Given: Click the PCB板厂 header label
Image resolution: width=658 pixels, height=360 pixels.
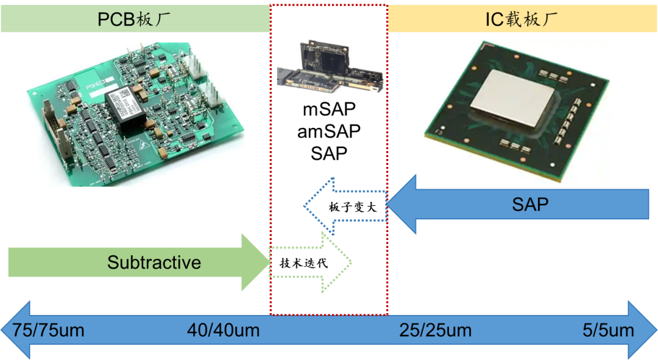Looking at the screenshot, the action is coord(134,19).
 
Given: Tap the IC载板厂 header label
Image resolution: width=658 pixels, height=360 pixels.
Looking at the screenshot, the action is coord(522,19).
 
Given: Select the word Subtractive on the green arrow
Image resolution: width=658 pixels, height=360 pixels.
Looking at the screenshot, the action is coord(154,263).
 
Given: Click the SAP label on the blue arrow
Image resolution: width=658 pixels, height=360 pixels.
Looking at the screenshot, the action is coord(530,204).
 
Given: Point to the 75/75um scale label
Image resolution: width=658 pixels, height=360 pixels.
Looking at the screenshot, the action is coord(48,331).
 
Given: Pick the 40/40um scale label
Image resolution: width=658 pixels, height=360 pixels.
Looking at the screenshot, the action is coord(223,331).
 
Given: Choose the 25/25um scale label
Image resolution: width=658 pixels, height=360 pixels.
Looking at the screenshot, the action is coord(435,331).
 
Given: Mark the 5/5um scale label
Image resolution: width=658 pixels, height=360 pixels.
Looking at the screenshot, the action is coord(608,331).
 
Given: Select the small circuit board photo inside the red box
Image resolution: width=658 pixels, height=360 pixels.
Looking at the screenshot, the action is coord(330,66).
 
